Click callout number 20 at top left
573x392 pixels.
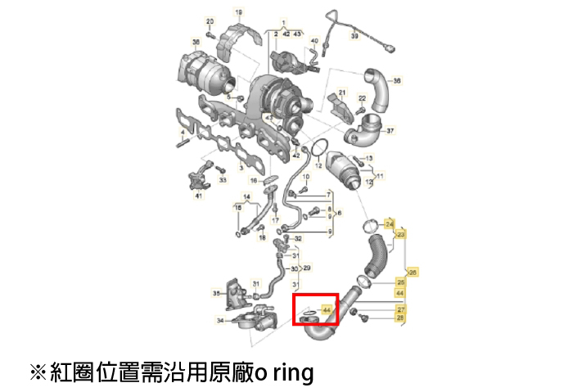pos(209,21)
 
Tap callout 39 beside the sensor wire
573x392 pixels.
pos(355,37)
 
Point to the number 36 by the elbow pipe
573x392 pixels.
pos(397,81)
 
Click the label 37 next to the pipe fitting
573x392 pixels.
pos(390,130)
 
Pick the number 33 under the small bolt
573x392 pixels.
pos(223,178)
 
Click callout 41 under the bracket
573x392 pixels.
pos(198,196)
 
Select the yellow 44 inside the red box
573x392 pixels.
pos(327,311)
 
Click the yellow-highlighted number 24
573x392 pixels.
pos(390,223)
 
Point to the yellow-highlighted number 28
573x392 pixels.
pos(400,318)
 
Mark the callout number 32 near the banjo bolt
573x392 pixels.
pos(298,238)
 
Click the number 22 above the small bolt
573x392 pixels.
pos(362,99)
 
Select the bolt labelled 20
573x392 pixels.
pos(210,34)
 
